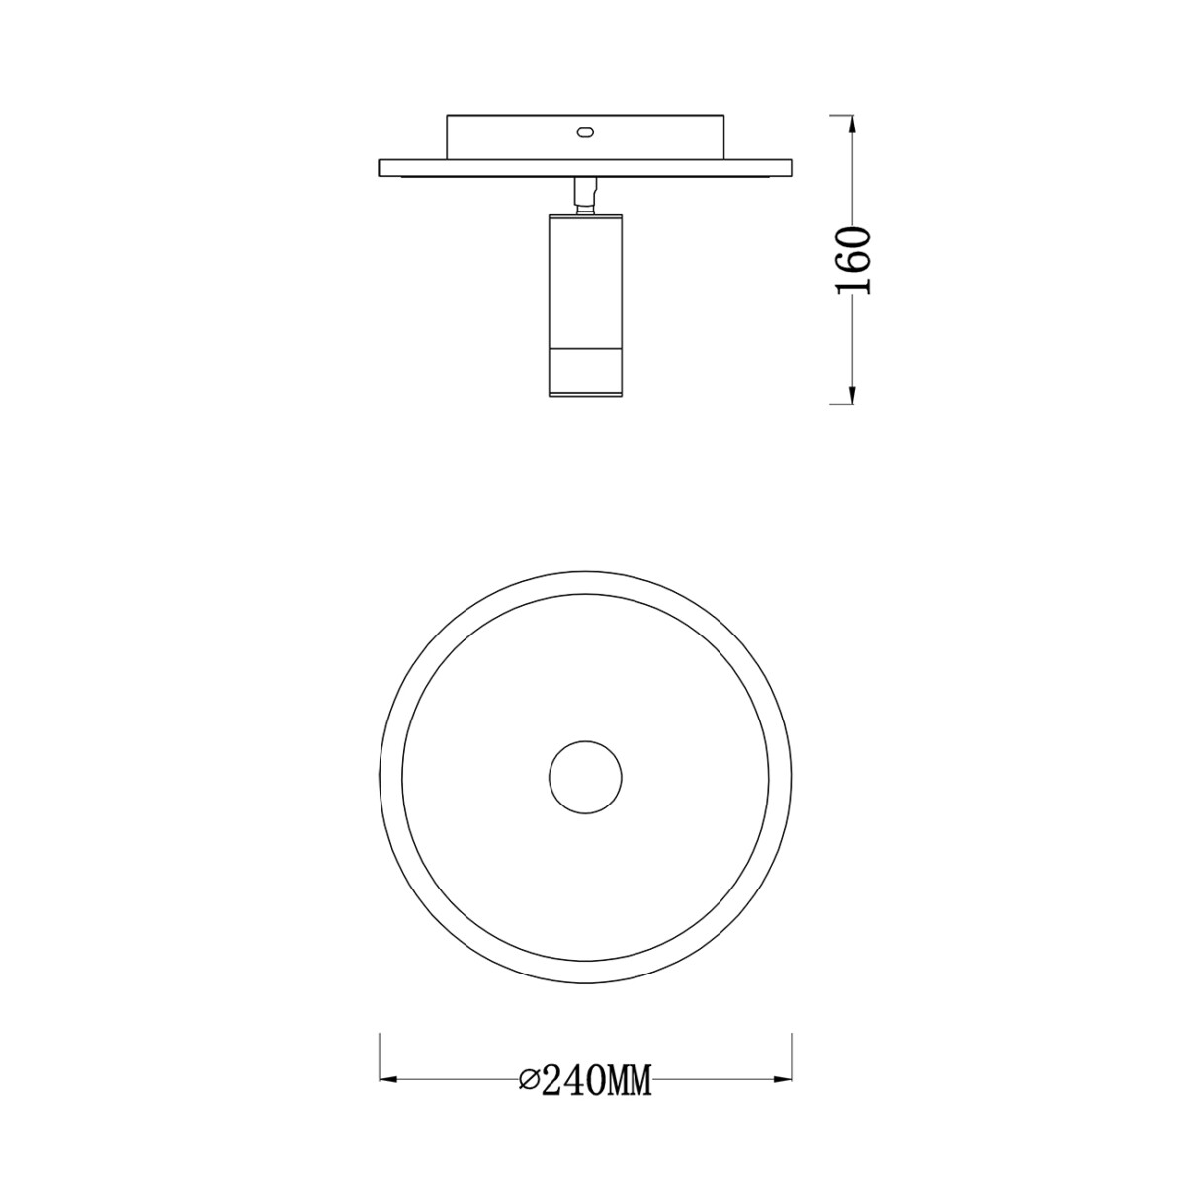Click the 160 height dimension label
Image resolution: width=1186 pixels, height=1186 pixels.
[854, 260]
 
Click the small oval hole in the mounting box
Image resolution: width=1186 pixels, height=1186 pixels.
[585, 131]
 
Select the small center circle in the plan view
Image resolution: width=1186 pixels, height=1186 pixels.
[585, 778]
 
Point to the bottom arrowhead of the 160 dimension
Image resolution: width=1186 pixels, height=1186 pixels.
[852, 394]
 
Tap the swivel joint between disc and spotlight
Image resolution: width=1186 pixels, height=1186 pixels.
[585, 197]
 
